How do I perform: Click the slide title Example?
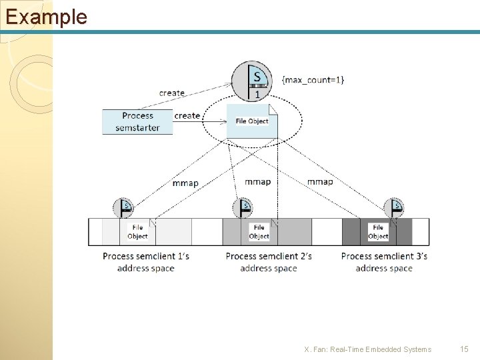coord(45,16)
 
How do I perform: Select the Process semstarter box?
coord(137,121)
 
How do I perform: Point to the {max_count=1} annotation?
coord(313,80)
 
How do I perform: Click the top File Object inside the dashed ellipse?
coord(252,121)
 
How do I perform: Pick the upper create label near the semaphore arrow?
coord(172,93)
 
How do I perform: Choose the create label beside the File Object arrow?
coord(187,115)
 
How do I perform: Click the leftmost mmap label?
coord(185,183)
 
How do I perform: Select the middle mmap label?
coord(258,181)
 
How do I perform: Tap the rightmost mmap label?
coord(320,181)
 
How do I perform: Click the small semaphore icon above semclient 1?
coord(124,207)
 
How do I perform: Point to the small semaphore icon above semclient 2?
coord(243,207)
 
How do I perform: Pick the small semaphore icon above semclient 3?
coord(394,207)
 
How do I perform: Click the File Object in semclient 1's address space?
coord(137,232)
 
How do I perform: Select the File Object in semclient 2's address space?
coord(259,232)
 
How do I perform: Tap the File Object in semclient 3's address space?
coord(378,232)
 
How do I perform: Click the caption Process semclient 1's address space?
coord(146,262)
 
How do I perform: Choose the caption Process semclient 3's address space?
coord(384,262)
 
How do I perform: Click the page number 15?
coord(464,349)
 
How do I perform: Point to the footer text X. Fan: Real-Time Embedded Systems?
coord(367,349)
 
